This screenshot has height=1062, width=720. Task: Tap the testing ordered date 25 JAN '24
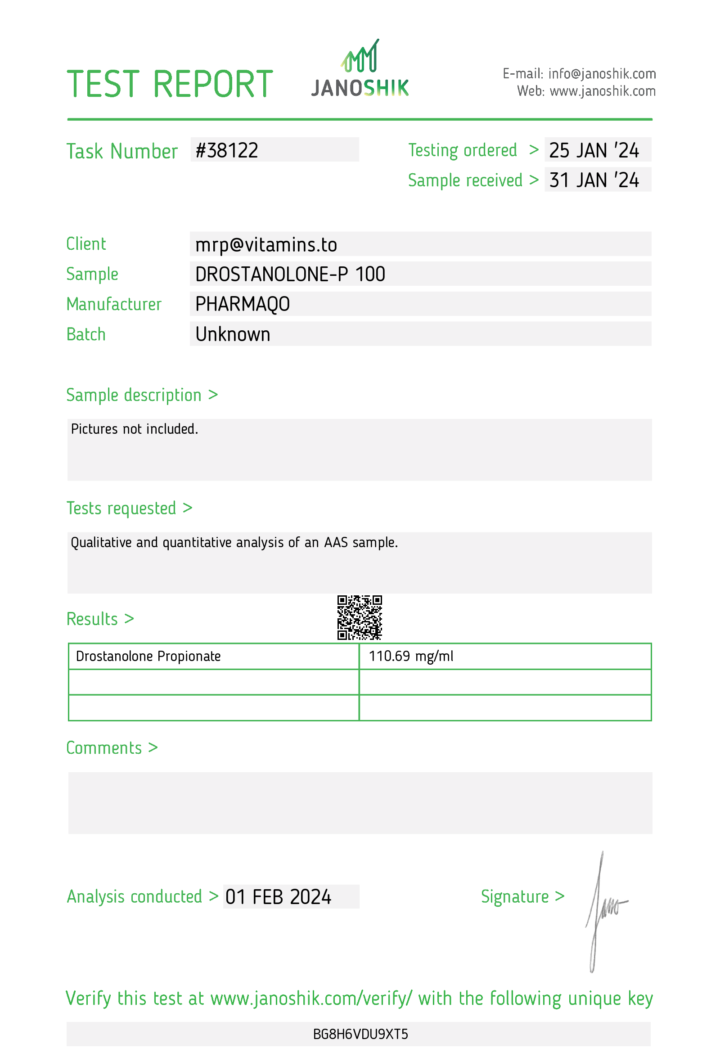594,151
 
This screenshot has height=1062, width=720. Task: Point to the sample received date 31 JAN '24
594,180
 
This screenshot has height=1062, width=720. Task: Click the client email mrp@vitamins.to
266,245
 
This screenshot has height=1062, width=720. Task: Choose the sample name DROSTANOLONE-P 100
290,274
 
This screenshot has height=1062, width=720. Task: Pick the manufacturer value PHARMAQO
242,304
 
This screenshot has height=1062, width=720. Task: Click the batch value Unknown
233,334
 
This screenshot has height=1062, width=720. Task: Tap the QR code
360,617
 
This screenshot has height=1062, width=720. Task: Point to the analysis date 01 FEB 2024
278,897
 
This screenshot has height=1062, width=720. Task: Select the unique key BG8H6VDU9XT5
360,1035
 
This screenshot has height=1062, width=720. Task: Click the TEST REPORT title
170,85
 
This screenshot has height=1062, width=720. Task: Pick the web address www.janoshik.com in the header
602,91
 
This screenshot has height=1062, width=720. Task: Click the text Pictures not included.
134,429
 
